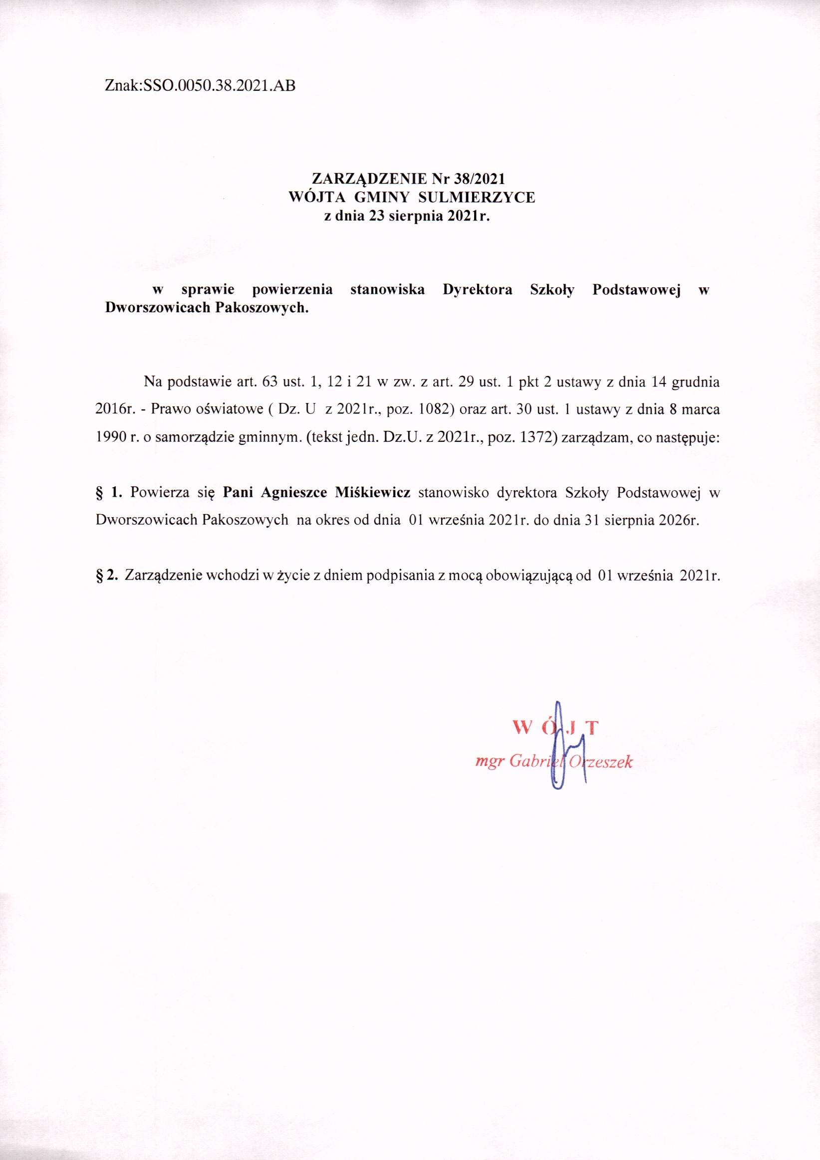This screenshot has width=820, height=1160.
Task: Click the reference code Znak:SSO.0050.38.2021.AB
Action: pos(200,86)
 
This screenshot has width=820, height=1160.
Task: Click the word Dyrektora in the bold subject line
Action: pos(477,290)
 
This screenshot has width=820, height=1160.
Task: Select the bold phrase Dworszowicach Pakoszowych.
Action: pos(206,308)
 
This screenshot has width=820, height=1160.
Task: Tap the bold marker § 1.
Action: pos(109,493)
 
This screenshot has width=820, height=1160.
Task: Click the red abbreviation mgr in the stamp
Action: pos(489,763)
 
